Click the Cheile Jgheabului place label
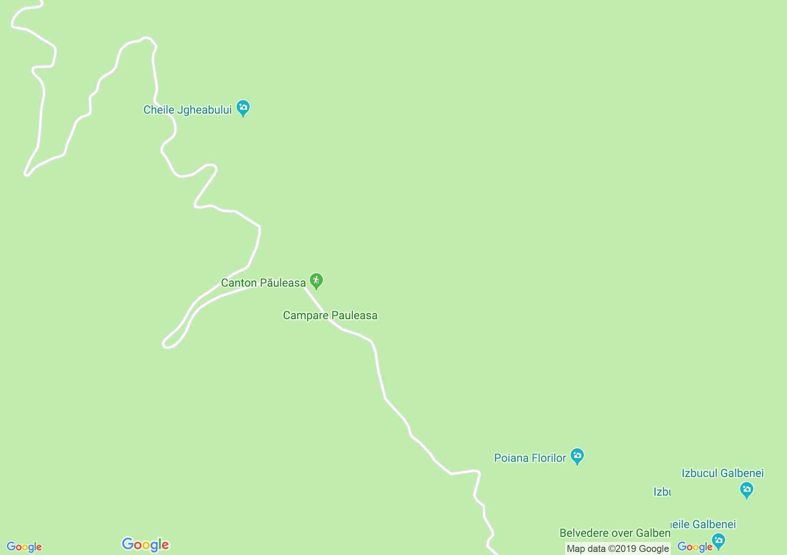(187, 110)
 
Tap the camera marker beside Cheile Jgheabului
(243, 108)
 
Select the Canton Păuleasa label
(263, 283)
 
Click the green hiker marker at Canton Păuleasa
(316, 281)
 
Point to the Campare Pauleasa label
(330, 316)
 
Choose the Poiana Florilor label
(530, 458)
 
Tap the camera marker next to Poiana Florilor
(577, 456)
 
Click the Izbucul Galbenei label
(722, 473)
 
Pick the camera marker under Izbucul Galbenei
(746, 490)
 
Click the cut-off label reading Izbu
(662, 492)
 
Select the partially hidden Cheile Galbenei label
(703, 525)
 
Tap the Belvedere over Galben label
(615, 533)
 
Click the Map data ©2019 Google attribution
(618, 549)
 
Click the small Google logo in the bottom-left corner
(24, 547)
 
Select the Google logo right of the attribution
(695, 547)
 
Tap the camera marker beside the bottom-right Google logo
(718, 541)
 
